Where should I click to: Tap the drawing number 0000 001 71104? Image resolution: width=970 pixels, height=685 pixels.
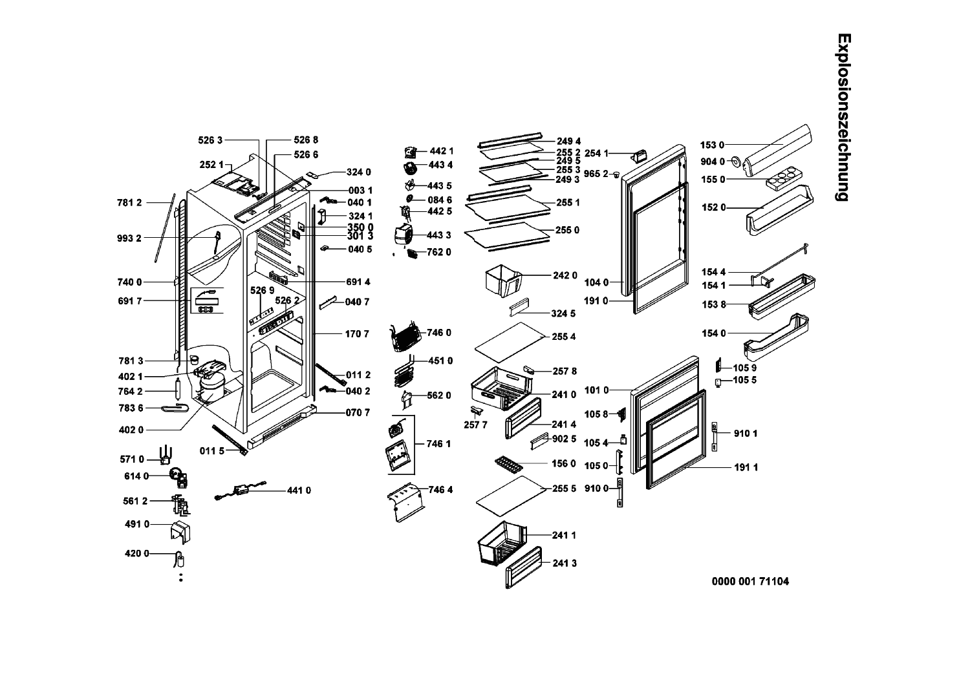(x=750, y=582)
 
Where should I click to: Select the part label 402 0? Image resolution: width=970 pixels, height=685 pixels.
(x=132, y=430)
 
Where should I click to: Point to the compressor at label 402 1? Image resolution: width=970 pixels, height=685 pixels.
(x=212, y=382)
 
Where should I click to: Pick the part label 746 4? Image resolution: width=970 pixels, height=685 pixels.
(x=440, y=490)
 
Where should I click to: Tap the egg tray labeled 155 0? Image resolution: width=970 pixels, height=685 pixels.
(x=782, y=179)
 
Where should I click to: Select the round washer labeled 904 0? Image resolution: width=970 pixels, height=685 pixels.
(x=736, y=162)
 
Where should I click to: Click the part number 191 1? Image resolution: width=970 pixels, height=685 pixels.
(x=746, y=468)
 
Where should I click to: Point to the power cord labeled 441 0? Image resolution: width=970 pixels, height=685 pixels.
(x=242, y=491)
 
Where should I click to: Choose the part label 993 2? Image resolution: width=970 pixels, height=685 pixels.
(x=129, y=238)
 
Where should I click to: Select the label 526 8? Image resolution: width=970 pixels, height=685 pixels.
(x=306, y=140)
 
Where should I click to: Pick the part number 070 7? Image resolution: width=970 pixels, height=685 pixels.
(x=358, y=412)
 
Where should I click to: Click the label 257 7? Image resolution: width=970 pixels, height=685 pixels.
(x=475, y=425)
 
